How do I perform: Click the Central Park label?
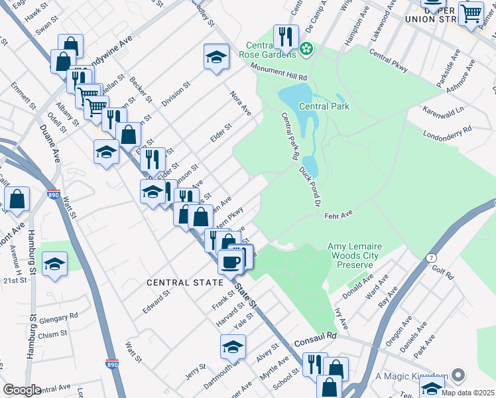pos(324,106)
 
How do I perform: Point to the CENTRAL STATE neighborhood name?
pos(185,283)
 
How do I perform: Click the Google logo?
pos(22,390)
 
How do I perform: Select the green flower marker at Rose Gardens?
pos(306,48)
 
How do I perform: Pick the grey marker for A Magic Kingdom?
pos(456,375)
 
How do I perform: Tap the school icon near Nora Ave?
pos(216,58)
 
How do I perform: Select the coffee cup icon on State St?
pos(231,262)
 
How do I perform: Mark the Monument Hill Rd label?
pos(279,72)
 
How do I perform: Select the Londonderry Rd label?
pos(448,133)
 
